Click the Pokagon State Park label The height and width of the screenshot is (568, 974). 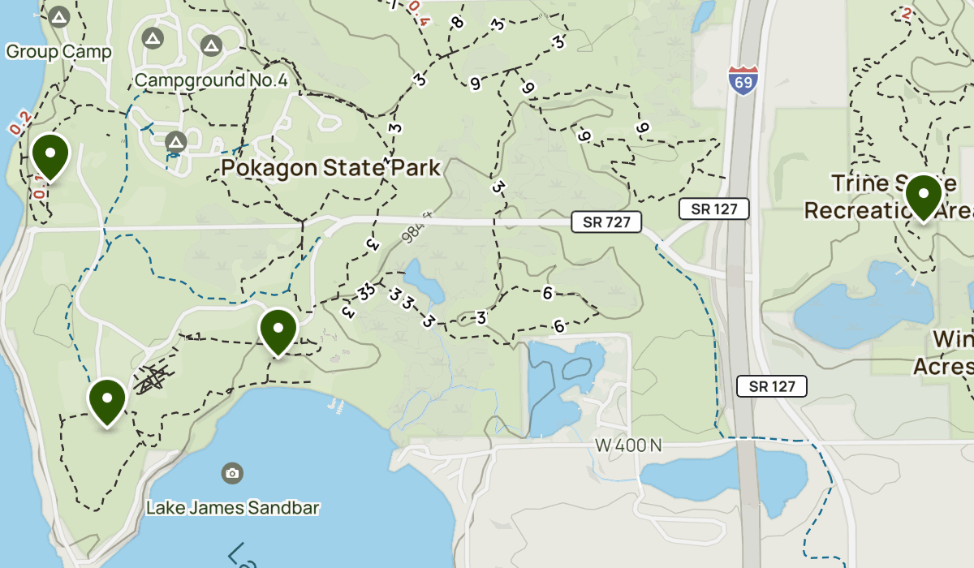pos(331,168)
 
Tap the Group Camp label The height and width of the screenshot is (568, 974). pos(58,52)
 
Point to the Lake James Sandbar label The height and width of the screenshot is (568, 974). pos(232,508)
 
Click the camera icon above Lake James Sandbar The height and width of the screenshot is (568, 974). pos(233,472)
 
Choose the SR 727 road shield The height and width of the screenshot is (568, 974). pos(606,222)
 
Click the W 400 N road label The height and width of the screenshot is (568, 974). pos(628,445)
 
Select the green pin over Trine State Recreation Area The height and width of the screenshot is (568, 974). pos(923,196)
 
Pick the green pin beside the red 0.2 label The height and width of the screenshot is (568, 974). pos(50,155)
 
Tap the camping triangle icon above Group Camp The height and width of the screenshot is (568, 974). pos(58,17)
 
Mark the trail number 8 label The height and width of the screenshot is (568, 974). pos(459,23)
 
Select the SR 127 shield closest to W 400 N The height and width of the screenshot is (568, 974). pos(772,386)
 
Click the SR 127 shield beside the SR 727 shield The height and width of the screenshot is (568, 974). pos(714,209)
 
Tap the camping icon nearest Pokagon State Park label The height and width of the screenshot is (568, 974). pos(176,143)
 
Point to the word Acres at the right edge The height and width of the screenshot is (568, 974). pos(943,367)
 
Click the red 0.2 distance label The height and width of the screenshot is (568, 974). pos(19,122)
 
